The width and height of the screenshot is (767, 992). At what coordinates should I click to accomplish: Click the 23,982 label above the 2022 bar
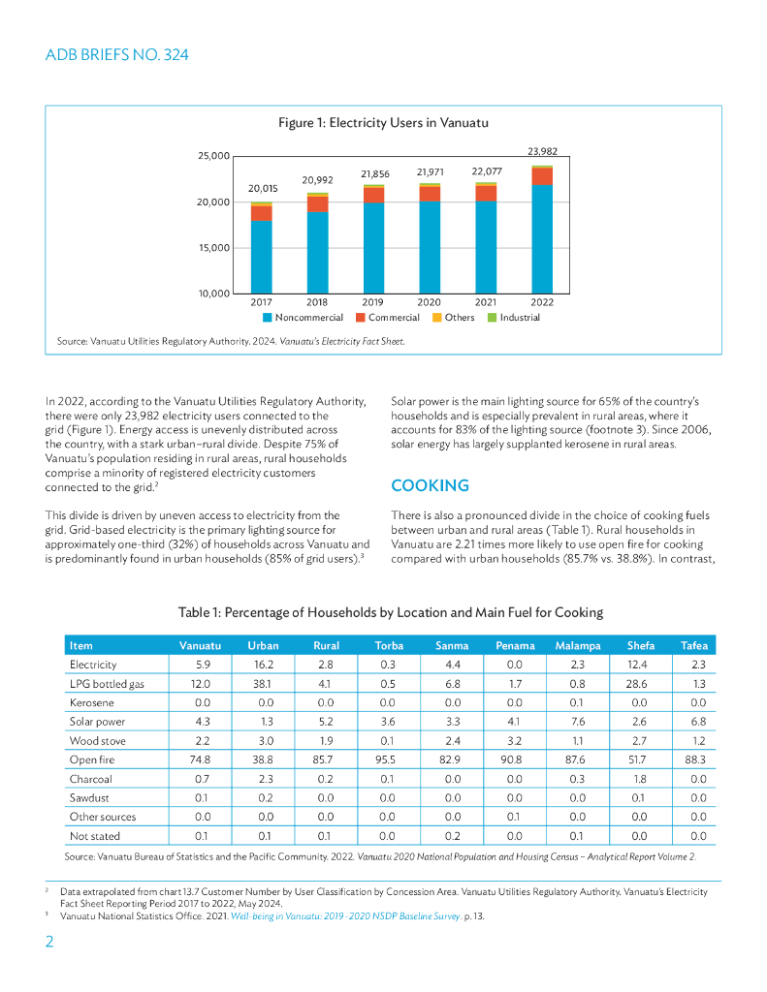542,151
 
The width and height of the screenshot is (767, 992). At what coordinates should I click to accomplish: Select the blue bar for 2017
261,257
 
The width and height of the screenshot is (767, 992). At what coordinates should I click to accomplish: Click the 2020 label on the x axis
430,302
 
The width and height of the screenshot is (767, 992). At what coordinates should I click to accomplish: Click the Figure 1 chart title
383,123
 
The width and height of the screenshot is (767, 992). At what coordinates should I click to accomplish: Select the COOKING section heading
430,485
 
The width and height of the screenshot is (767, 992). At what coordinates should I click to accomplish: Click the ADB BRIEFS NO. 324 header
117,55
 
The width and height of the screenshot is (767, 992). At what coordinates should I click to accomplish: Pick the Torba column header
389,645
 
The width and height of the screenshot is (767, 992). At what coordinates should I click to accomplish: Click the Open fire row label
91,759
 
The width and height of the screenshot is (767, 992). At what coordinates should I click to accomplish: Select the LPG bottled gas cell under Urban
263,684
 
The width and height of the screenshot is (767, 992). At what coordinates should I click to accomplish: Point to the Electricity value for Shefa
641,665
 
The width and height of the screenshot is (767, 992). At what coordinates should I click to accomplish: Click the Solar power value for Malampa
578,722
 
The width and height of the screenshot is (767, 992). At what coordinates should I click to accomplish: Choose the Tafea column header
693,645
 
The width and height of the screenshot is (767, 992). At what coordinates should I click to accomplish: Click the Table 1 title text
391,612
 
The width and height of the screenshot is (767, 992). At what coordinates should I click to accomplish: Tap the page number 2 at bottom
50,943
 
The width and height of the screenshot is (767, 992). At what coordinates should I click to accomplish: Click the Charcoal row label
90,779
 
